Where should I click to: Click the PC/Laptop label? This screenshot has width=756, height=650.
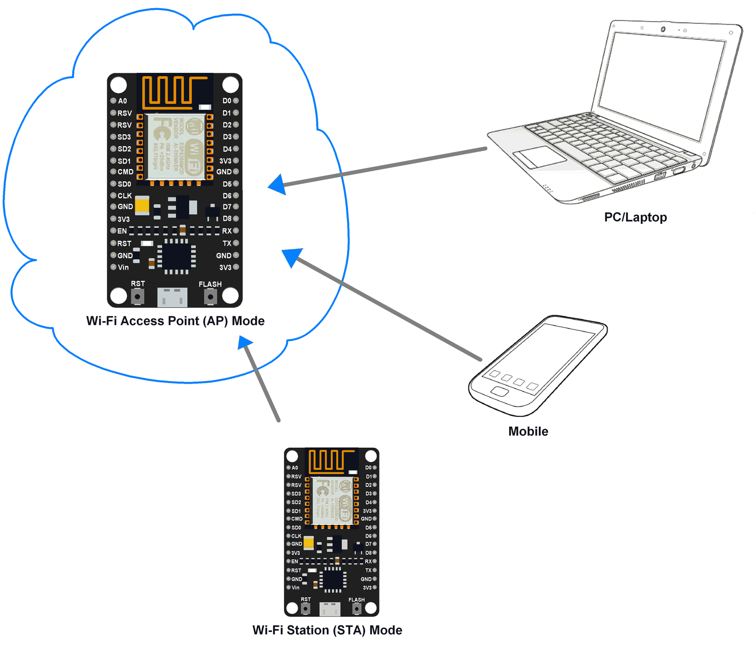click(635, 217)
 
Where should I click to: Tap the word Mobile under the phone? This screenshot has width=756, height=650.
click(528, 432)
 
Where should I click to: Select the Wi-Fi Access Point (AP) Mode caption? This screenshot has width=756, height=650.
click(175, 321)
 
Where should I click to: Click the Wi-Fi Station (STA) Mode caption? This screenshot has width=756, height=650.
click(327, 630)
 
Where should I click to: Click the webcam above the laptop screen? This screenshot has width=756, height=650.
click(663, 29)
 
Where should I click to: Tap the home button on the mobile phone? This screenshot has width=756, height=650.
click(499, 392)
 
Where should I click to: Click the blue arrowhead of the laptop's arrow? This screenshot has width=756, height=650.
click(278, 184)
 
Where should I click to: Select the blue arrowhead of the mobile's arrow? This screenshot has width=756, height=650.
click(292, 256)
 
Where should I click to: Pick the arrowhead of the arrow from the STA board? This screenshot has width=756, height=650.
click(246, 343)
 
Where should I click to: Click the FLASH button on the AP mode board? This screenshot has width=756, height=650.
click(210, 297)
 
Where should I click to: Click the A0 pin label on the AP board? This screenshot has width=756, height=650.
click(122, 101)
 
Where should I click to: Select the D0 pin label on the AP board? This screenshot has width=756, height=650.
click(227, 101)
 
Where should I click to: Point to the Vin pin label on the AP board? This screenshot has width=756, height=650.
click(123, 267)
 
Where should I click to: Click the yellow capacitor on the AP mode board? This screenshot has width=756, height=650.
click(142, 205)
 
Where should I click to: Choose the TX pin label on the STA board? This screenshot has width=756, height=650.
click(368, 570)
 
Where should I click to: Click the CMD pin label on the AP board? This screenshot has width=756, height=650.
click(125, 172)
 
